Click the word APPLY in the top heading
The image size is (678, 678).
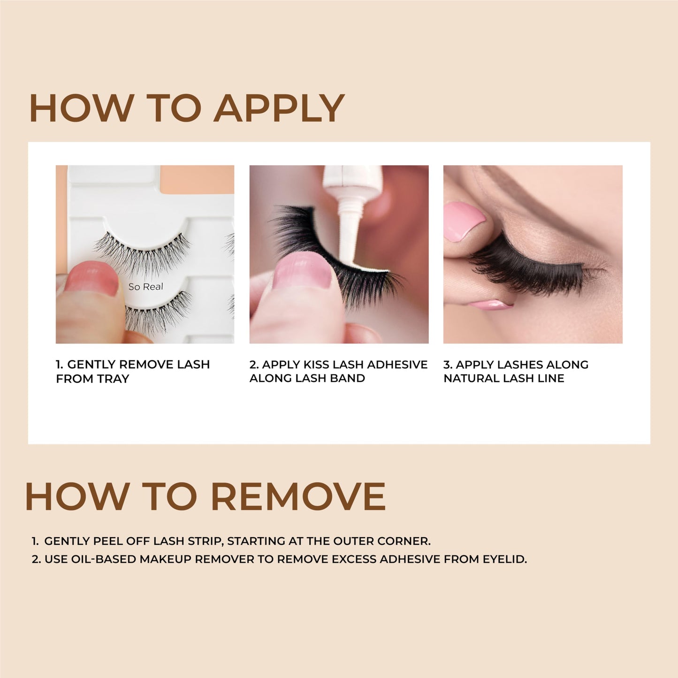point(280,108)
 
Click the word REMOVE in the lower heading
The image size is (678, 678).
point(298,496)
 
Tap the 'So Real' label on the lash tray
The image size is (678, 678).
point(145,287)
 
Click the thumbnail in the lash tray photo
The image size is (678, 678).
point(92,279)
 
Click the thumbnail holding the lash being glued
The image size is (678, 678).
point(303,270)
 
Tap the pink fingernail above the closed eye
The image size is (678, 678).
point(464,221)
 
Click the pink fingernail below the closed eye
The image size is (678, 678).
point(490,305)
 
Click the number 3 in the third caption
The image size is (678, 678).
point(446,365)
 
